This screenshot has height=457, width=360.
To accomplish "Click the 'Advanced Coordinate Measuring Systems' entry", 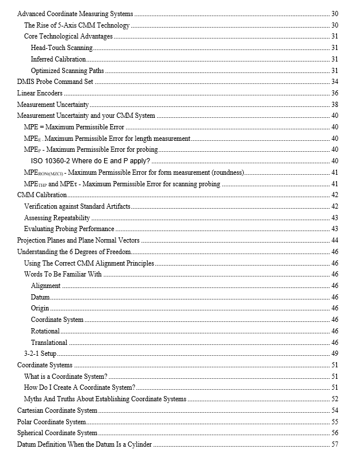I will pyautogui.click(x=75, y=14).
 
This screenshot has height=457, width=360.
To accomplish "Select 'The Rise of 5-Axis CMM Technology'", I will pyautogui.click(x=76, y=25).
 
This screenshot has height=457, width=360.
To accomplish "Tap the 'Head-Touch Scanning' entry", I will pyautogui.click(x=62, y=48).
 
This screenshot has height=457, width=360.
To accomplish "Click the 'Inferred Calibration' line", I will pyautogui.click(x=58, y=59).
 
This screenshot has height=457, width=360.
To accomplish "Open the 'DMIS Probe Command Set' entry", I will pyautogui.click(x=55, y=82).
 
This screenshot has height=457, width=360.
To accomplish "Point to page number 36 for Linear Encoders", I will pyautogui.click(x=334, y=93).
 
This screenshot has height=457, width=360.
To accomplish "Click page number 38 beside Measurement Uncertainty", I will pyautogui.click(x=334, y=105).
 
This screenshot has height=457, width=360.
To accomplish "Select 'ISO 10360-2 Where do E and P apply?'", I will pyautogui.click(x=90, y=161).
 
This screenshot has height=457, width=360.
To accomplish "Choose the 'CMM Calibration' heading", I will pyautogui.click(x=42, y=195).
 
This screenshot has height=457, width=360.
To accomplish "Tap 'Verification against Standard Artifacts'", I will pyautogui.click(x=77, y=206).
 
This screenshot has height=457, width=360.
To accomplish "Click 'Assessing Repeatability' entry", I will pyautogui.click(x=57, y=218).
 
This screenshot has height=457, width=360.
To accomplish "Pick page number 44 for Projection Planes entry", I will pyautogui.click(x=334, y=240).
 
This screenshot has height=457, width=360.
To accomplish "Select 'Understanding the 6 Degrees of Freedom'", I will pyautogui.click(x=74, y=252).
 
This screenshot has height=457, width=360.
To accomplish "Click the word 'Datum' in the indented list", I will pyautogui.click(x=40, y=297).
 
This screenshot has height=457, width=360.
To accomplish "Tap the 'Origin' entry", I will pyautogui.click(x=40, y=308).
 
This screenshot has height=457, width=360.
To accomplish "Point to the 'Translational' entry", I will pyautogui.click(x=49, y=343).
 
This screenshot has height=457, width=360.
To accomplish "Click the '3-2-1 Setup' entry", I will pyautogui.click(x=40, y=354).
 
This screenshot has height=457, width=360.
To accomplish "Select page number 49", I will pyautogui.click(x=334, y=354).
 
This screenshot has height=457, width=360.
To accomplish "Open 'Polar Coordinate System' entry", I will pyautogui.click(x=52, y=422).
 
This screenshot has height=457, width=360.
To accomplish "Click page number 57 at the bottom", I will pyautogui.click(x=334, y=444).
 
